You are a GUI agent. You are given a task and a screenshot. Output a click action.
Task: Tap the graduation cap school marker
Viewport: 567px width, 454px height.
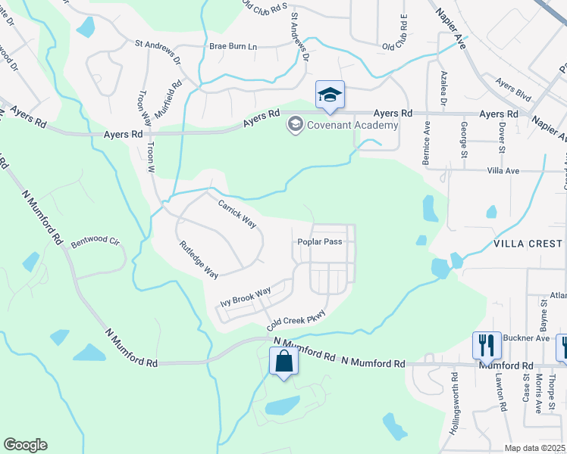tap(330, 95)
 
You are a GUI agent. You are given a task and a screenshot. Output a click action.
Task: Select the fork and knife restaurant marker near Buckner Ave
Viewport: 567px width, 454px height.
tap(487, 346)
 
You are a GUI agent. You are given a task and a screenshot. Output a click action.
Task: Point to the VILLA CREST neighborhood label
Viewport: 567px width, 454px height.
tap(528, 244)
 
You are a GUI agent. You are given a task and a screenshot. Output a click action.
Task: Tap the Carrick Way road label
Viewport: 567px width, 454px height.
tap(237, 214)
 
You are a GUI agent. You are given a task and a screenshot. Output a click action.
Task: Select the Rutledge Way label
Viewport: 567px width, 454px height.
tap(199, 259)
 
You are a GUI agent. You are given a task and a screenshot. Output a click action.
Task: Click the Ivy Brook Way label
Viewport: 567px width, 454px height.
tap(245, 297)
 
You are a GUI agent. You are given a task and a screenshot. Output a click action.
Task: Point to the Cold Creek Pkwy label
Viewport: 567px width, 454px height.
tap(296, 320)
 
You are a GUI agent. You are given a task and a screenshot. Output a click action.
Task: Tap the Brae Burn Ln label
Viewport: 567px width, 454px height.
tap(233, 46)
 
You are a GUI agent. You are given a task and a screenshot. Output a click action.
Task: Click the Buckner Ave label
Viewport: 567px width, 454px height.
tap(532, 338)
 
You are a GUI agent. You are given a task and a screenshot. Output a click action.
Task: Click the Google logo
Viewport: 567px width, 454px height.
tap(25, 445)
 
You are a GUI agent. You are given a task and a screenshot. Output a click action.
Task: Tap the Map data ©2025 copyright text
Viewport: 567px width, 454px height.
tap(534, 448)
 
